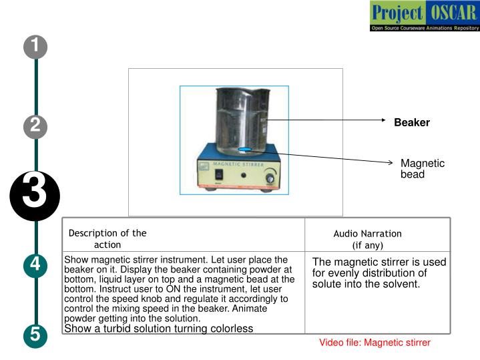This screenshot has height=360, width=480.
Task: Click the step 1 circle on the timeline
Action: (x=35, y=47)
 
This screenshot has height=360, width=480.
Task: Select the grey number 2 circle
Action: (x=35, y=125)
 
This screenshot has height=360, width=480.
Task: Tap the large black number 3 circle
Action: (x=35, y=194)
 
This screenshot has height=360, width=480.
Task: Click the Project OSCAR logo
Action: (x=423, y=17)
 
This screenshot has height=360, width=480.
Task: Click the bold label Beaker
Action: (x=411, y=123)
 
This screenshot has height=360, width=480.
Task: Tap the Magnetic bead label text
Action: (x=422, y=168)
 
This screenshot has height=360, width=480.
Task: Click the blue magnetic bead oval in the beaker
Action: (x=245, y=150)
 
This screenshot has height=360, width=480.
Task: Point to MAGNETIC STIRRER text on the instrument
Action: (x=239, y=162)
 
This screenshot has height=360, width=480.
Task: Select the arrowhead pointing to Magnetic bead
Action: (x=392, y=162)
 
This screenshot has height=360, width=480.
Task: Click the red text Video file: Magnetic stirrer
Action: (x=375, y=343)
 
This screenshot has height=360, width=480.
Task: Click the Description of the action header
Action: (x=107, y=239)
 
